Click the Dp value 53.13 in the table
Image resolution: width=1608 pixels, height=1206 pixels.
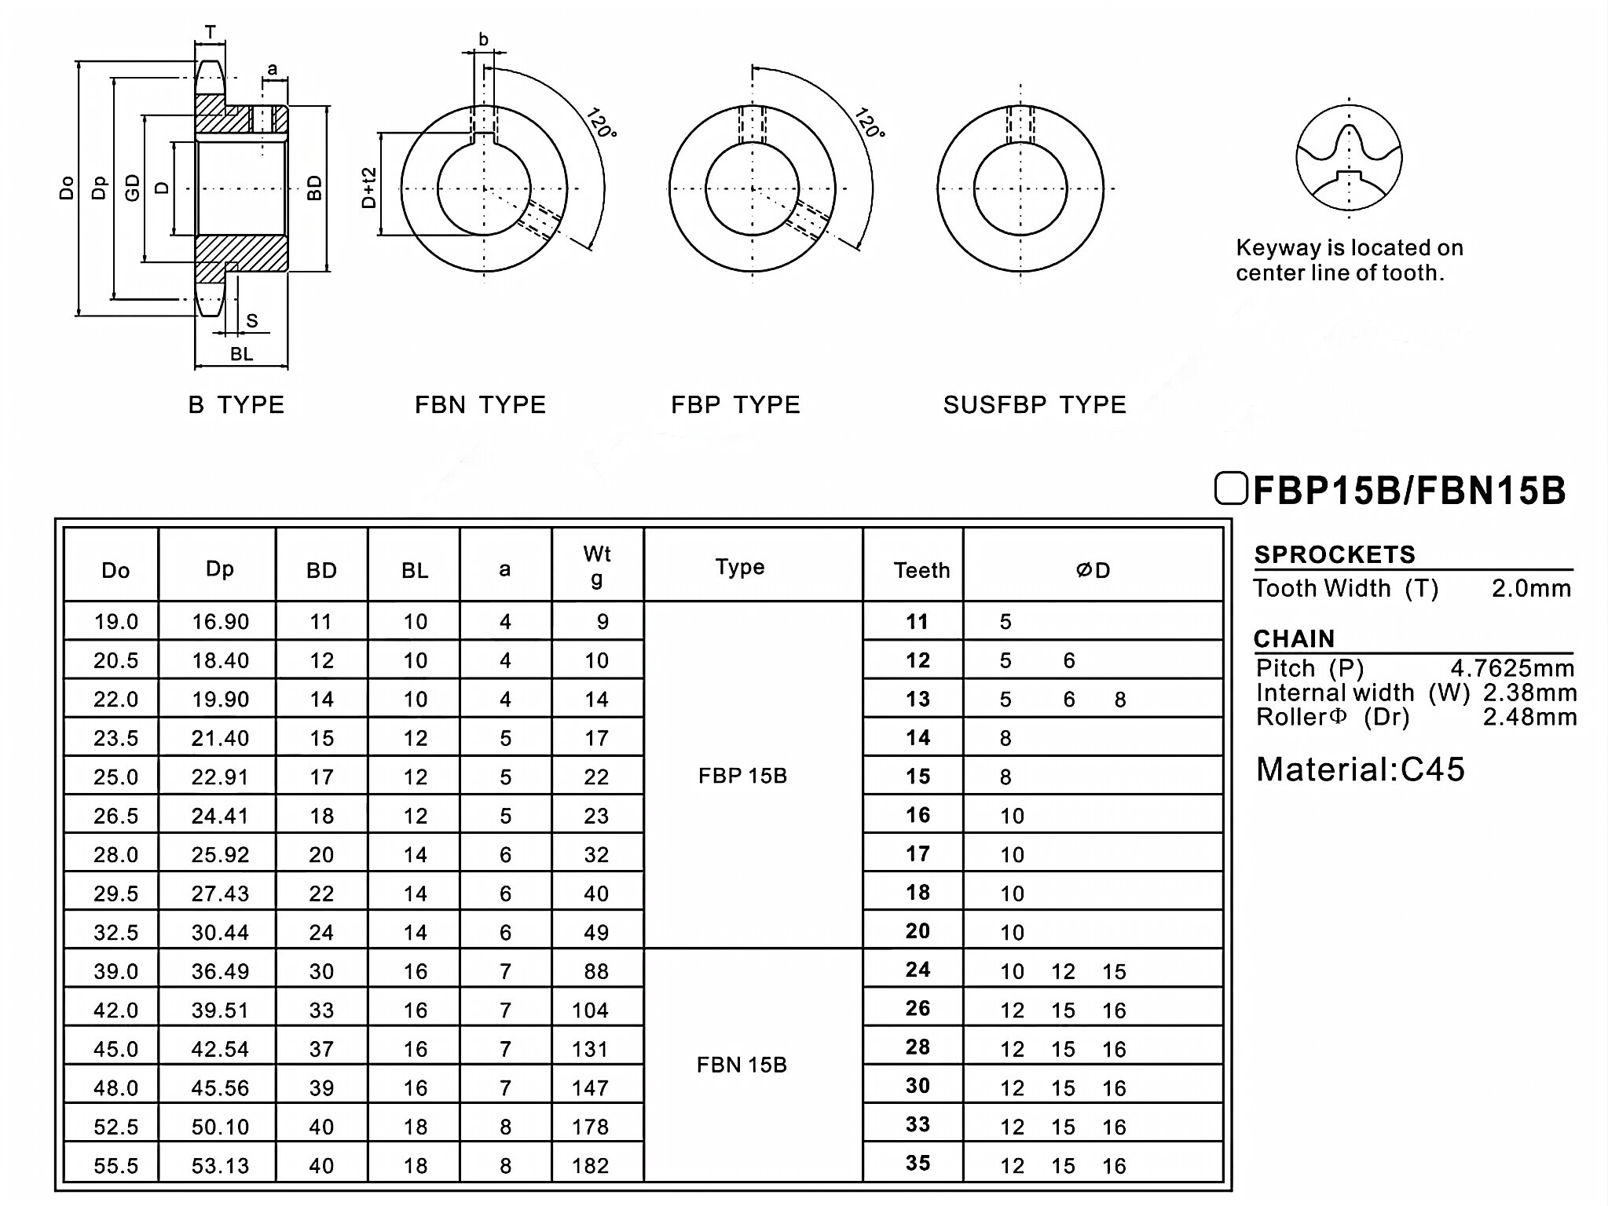[220, 1165]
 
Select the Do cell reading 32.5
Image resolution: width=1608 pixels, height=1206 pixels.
[115, 932]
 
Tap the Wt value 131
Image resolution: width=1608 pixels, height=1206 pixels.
[590, 1049]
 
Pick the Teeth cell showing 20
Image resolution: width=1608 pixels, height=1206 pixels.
[918, 931]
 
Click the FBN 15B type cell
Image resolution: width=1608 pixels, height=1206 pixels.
[742, 1065]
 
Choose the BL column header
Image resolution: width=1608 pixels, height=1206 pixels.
[415, 570]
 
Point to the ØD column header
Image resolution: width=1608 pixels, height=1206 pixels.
[1093, 570]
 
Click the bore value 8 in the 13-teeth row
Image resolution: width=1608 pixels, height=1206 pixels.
[1120, 700]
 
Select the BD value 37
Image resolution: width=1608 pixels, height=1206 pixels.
[321, 1049]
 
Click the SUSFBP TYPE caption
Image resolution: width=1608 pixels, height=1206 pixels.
[1035, 405]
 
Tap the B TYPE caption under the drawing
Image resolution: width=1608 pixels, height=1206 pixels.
[236, 405]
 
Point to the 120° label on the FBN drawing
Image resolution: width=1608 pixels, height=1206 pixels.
[601, 122]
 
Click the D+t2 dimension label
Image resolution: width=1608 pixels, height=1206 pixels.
[369, 188]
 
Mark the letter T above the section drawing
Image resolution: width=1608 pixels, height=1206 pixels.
[211, 32]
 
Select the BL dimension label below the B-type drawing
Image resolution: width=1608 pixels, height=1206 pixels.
[241, 354]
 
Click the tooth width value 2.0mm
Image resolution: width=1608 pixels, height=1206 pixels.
[1531, 588]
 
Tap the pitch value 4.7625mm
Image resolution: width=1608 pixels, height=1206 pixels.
[1512, 668]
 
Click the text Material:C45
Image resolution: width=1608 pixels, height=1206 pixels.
[1361, 769]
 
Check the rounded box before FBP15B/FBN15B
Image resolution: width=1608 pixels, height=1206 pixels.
[1230, 488]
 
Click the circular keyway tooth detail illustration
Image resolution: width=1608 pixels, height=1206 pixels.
[1349, 158]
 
